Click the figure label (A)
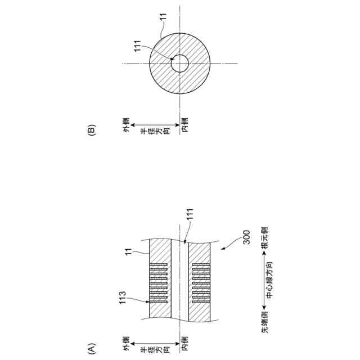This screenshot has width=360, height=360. (x=91, y=348)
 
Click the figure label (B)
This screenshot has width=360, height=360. (x=91, y=130)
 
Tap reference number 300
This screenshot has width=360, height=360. (x=246, y=237)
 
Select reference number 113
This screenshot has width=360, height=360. (x=123, y=298)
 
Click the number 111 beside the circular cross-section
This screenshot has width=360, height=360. (x=137, y=46)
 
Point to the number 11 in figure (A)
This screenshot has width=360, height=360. (x=129, y=251)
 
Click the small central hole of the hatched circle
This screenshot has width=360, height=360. (x=180, y=64)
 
